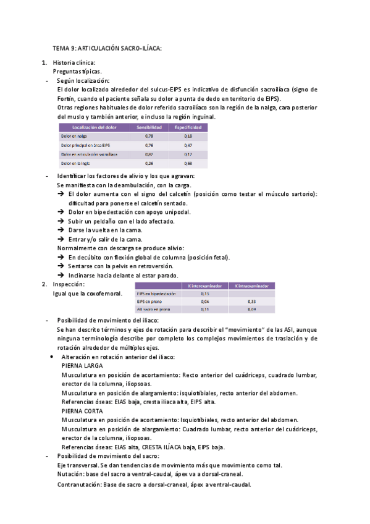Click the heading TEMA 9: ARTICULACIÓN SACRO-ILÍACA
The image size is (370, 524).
(107, 48)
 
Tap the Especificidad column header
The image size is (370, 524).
(188, 127)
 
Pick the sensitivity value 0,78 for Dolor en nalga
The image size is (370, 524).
(149, 136)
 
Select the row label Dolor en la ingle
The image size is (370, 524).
(75, 164)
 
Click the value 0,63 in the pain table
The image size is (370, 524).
(188, 164)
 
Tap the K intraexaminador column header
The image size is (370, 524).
(251, 286)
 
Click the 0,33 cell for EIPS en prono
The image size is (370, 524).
(251, 301)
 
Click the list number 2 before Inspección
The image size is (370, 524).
(44, 284)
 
